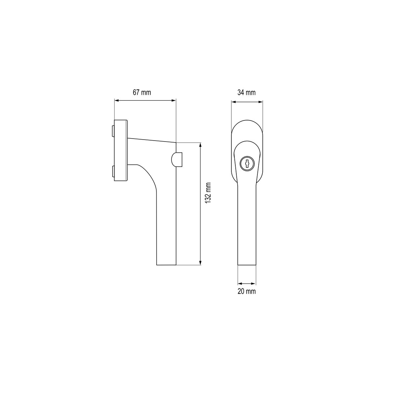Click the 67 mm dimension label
pyautogui.click(x=142, y=92)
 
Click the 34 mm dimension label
pyautogui.click(x=247, y=92)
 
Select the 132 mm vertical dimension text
pyautogui.click(x=208, y=193)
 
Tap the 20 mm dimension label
pyautogui.click(x=247, y=291)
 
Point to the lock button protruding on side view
pyautogui.click(x=177, y=159)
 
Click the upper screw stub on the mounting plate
pyautogui.click(x=113, y=131)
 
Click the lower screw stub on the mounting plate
pyautogui.click(x=113, y=171)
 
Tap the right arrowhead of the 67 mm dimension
pyautogui.click(x=173, y=100)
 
